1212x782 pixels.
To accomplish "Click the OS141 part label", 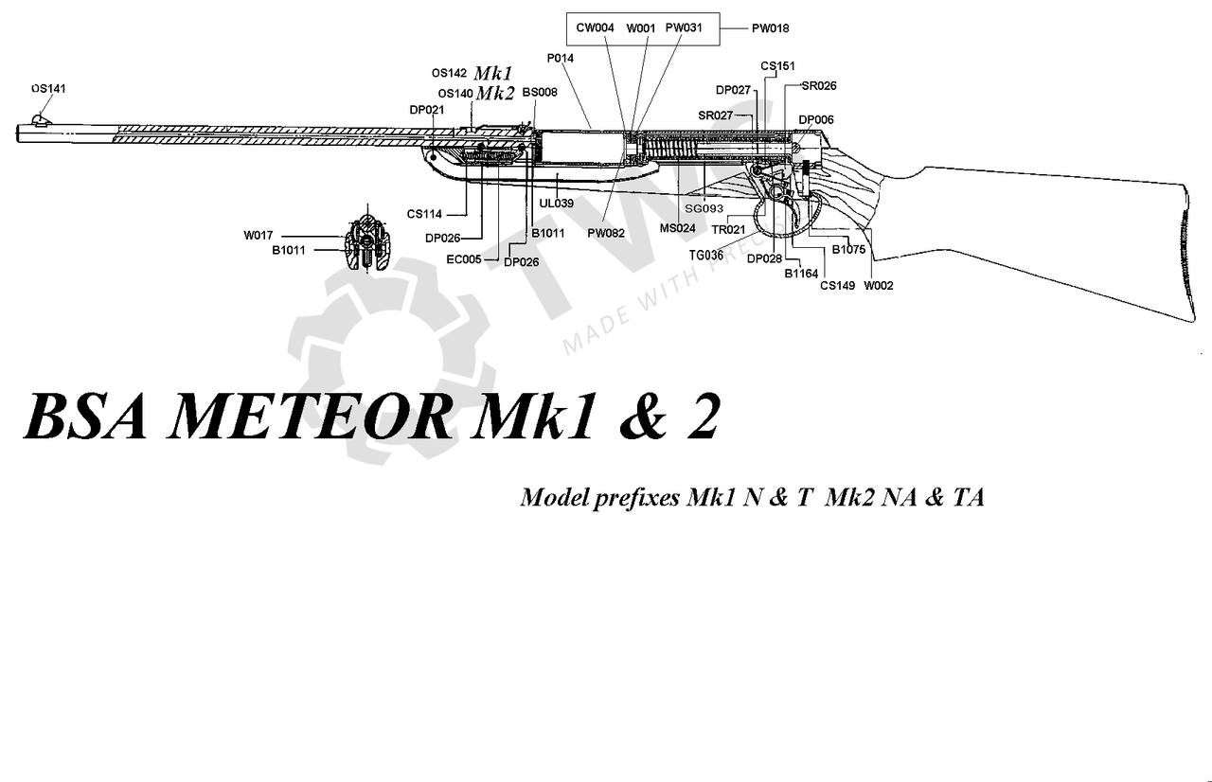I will pyautogui.click(x=47, y=88).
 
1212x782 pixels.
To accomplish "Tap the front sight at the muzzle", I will pyautogui.click(x=40, y=118).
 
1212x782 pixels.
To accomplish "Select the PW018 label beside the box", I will pyautogui.click(x=770, y=28).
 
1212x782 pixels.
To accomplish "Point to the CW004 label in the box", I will pyautogui.click(x=596, y=28).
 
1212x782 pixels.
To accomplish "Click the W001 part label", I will pyautogui.click(x=641, y=28).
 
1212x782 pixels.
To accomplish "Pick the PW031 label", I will pyautogui.click(x=684, y=28).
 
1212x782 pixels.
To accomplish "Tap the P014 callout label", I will pyautogui.click(x=561, y=58).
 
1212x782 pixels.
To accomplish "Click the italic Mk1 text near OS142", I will pyautogui.click(x=493, y=73).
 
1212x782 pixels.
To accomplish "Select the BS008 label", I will pyautogui.click(x=540, y=92).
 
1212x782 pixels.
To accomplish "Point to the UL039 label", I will pyautogui.click(x=557, y=204).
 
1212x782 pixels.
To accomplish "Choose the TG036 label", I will pyautogui.click(x=706, y=254).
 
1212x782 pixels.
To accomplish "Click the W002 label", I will pyautogui.click(x=879, y=285).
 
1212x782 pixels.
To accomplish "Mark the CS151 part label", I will pyautogui.click(x=777, y=66).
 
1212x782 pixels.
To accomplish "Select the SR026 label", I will pyautogui.click(x=819, y=85).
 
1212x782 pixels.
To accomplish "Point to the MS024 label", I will pyautogui.click(x=678, y=228).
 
